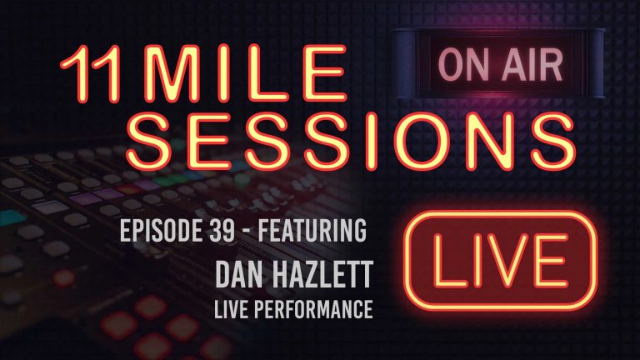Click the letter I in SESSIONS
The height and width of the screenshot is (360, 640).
pyautogui.click(x=365, y=138)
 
